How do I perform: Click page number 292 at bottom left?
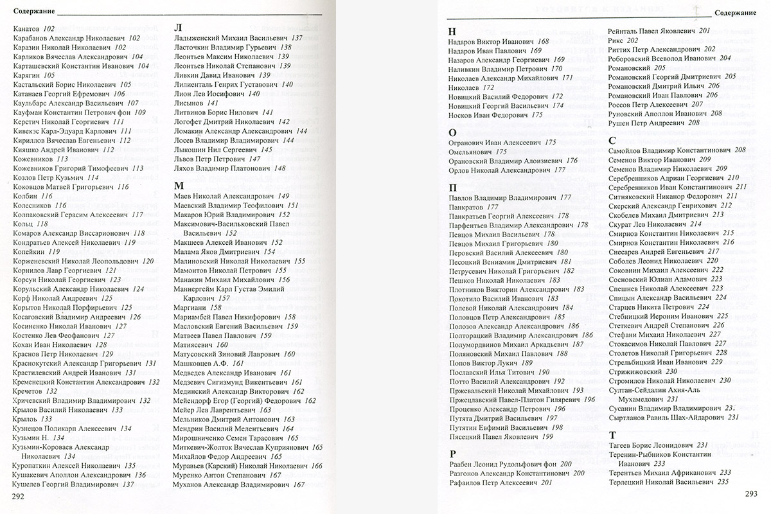(18, 496)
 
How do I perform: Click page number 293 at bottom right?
(750, 493)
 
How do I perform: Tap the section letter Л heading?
(178, 28)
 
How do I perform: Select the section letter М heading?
(179, 184)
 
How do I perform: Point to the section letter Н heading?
(452, 31)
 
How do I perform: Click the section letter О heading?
(452, 131)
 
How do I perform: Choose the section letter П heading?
(452, 187)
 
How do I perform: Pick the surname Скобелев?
(625, 215)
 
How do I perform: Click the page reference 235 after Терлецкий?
(722, 481)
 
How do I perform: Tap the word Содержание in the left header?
(33, 12)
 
